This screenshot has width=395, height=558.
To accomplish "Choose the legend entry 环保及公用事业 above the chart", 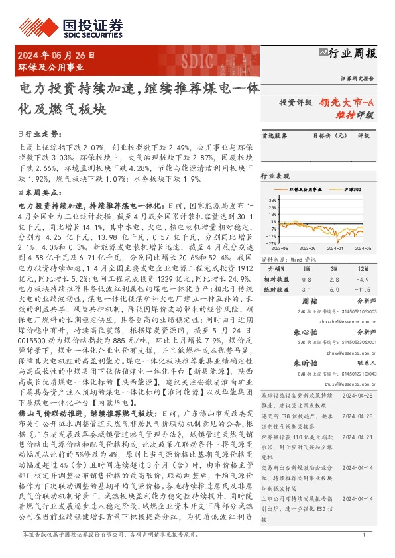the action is click(x=310, y=189).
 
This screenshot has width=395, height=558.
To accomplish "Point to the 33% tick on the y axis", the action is click(x=272, y=199).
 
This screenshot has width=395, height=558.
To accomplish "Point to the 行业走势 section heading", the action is click(x=42, y=133).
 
